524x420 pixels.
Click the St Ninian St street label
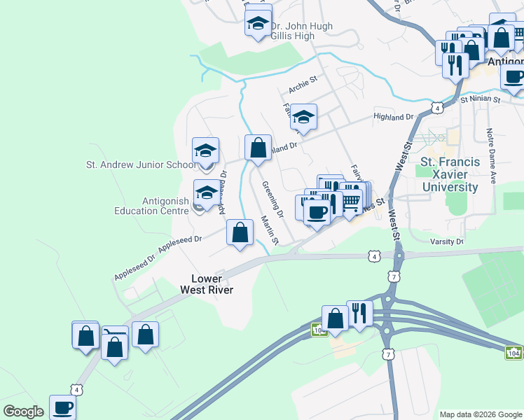coord(480,100)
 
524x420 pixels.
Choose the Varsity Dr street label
coord(449,241)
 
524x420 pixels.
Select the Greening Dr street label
coord(273,198)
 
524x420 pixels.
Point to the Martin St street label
coord(270,230)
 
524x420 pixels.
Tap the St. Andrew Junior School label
coord(141,165)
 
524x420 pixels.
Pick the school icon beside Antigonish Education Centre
coord(206,192)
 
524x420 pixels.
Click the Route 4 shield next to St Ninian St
coord(437,108)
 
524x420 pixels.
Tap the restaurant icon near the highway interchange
coord(360,314)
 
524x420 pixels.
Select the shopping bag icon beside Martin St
coord(240,232)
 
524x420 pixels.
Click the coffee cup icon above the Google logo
coord(62,407)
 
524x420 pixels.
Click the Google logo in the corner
coord(23,412)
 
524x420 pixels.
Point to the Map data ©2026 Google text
coord(480,414)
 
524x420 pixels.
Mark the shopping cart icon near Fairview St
coord(350,201)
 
